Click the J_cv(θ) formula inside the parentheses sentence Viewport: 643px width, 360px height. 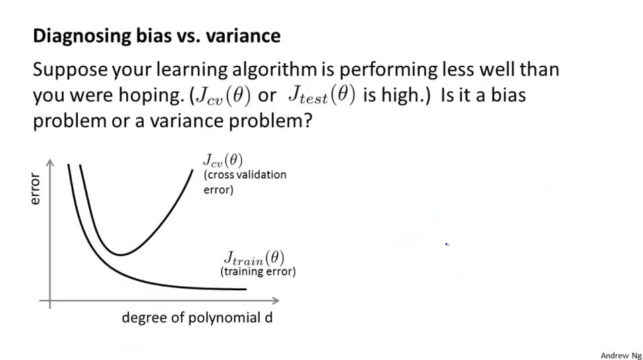click(221, 95)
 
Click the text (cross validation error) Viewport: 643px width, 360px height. click(244, 182)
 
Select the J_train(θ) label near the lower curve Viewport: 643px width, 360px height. click(254, 258)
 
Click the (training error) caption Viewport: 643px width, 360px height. click(258, 272)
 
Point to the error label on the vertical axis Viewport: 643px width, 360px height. click(36, 189)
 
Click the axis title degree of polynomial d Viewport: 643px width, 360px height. click(197, 318)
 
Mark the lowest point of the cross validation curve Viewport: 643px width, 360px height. click(120, 255)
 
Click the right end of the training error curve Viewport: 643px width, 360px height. click(246, 289)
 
